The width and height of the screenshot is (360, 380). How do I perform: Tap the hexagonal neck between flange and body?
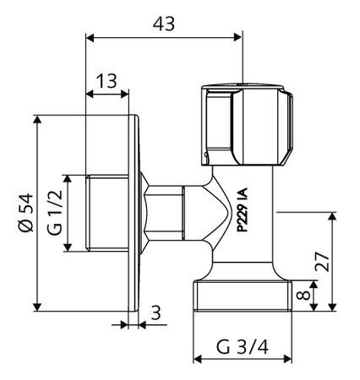pyautogui.click(x=165, y=213)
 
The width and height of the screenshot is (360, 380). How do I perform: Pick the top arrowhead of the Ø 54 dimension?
pyautogui.click(x=37, y=119)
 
